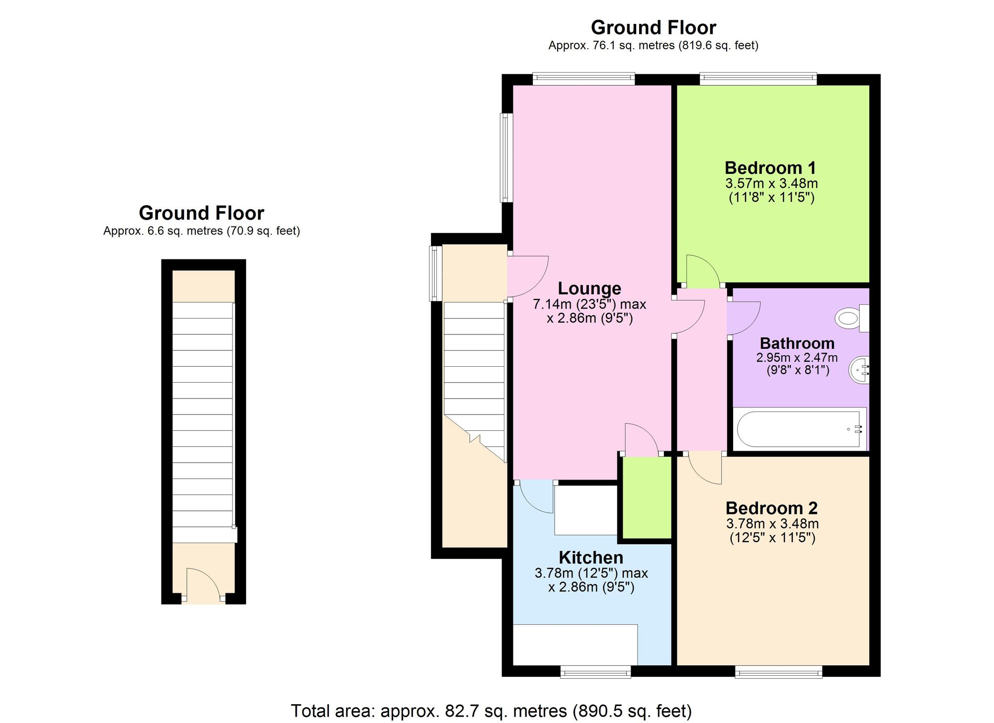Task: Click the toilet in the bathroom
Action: click(x=852, y=318)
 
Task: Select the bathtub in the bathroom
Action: click(x=800, y=429)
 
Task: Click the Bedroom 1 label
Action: click(x=770, y=168)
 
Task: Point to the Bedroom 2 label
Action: click(x=771, y=508)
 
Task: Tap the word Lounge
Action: click(x=589, y=288)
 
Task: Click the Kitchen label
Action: click(x=591, y=558)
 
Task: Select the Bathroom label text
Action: click(x=797, y=343)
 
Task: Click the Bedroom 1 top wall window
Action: click(x=758, y=79)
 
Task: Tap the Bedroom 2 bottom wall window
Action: click(x=779, y=672)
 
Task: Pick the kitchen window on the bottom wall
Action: click(x=596, y=672)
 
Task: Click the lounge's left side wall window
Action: click(x=506, y=158)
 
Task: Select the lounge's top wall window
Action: click(x=584, y=79)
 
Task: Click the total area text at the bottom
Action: click(x=491, y=711)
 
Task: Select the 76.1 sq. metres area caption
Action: click(x=653, y=46)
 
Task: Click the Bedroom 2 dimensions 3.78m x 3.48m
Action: click(x=772, y=524)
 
